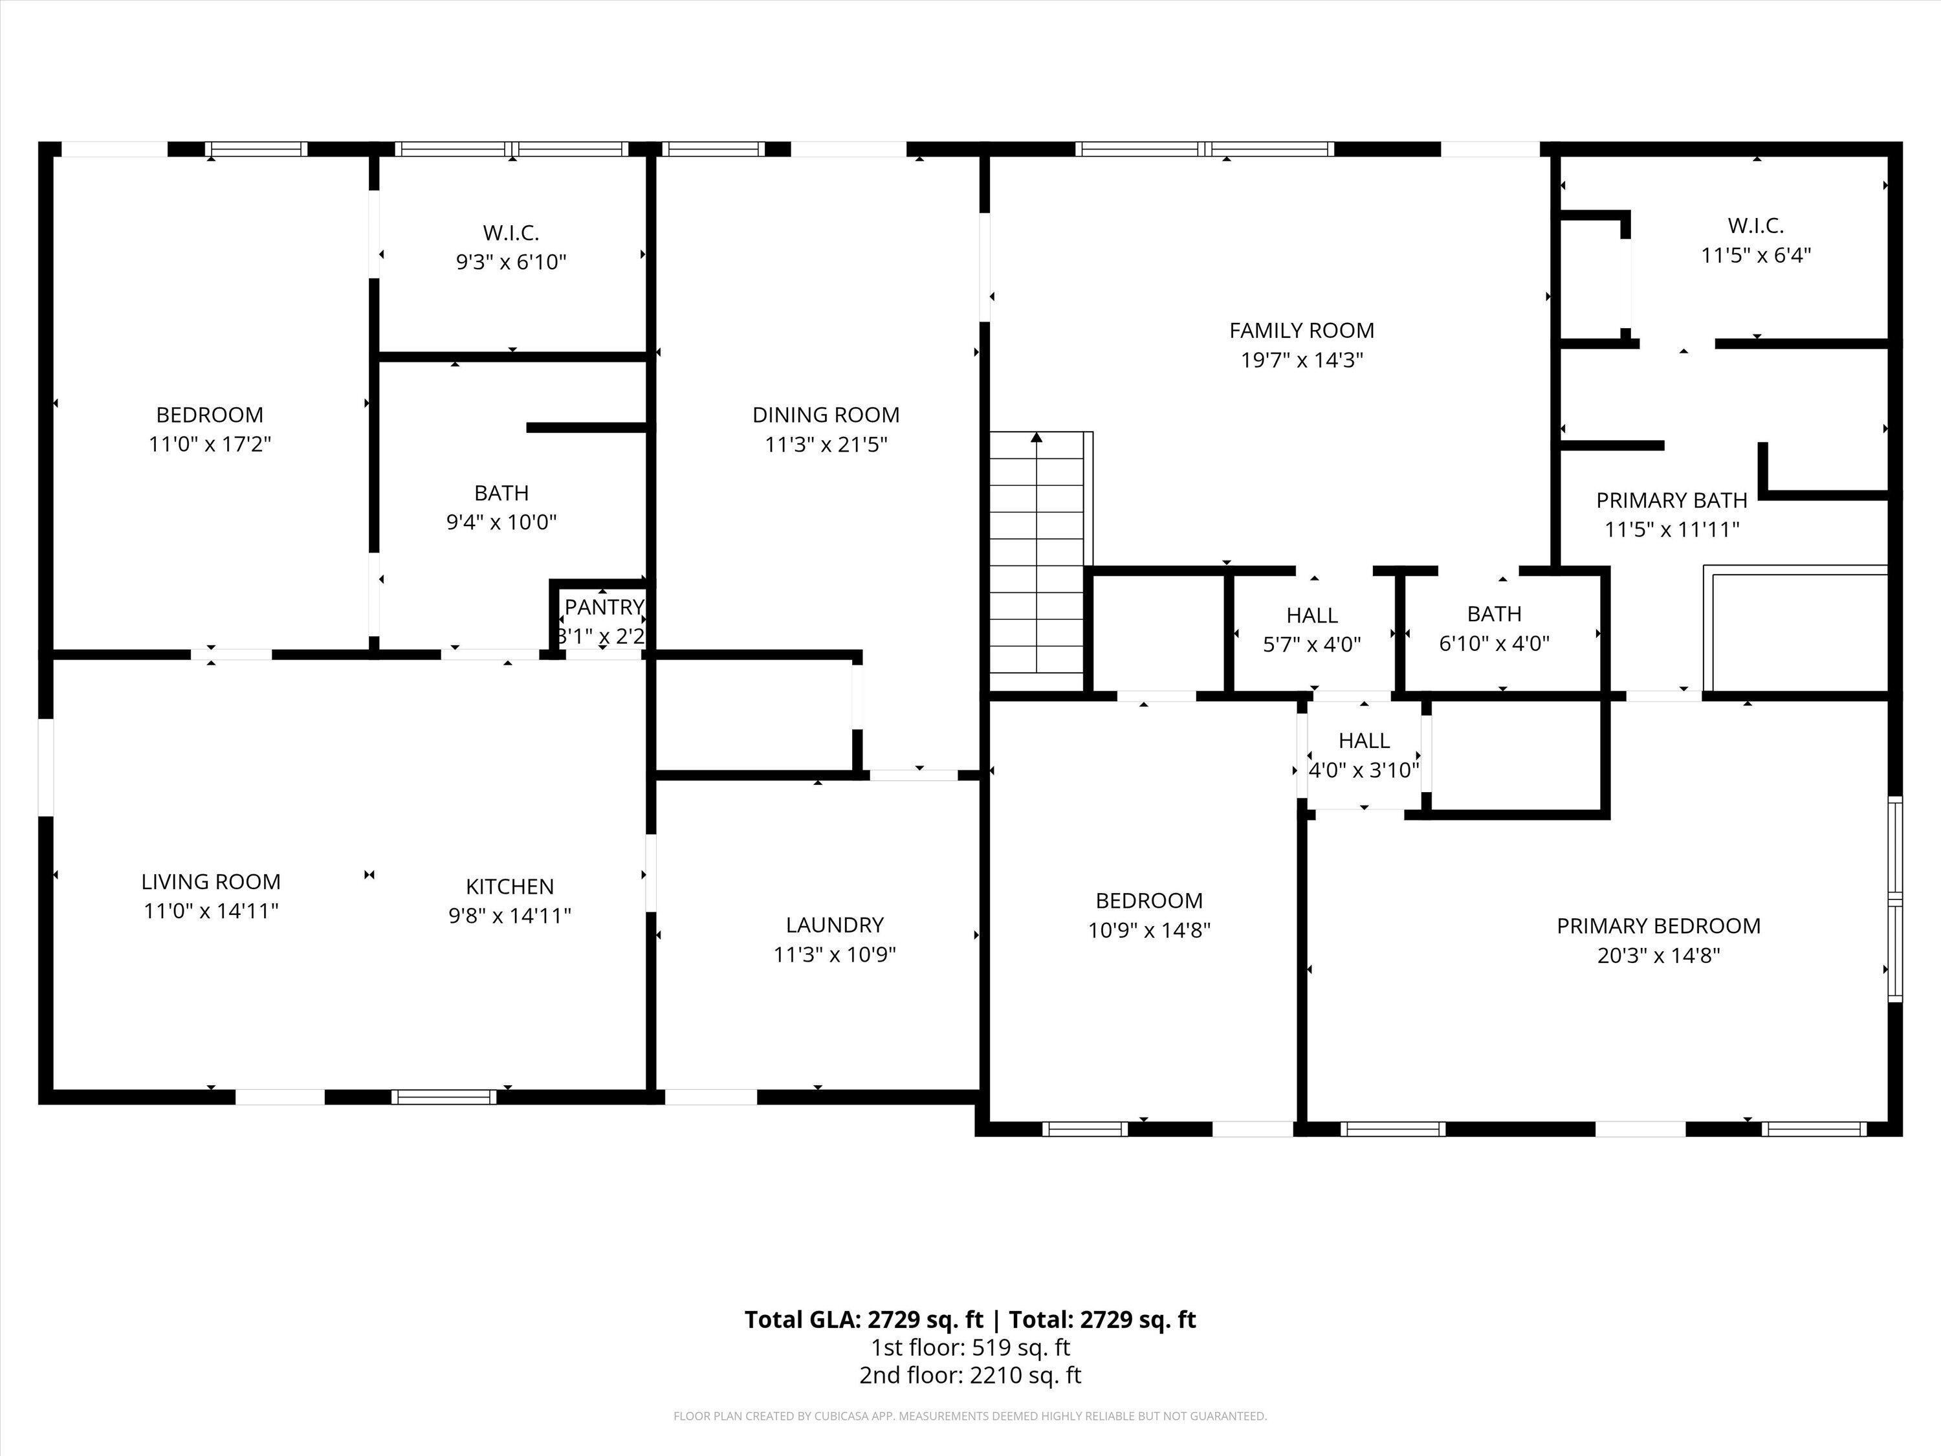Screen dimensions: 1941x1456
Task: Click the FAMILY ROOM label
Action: (x=1301, y=331)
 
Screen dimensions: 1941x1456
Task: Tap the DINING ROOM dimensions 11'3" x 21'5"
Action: (x=826, y=444)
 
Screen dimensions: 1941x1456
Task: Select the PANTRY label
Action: (x=604, y=606)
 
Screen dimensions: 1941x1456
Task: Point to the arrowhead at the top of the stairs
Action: (x=1036, y=436)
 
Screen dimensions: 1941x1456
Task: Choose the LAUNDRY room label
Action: (x=835, y=924)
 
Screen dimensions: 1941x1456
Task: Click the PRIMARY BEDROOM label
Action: (x=1658, y=926)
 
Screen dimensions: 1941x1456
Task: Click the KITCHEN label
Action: (x=510, y=887)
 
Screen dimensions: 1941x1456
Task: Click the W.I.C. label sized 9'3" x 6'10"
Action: (x=510, y=232)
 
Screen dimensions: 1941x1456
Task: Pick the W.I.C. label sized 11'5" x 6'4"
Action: (x=1756, y=226)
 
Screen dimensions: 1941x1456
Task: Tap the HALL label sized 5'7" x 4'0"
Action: (x=1312, y=615)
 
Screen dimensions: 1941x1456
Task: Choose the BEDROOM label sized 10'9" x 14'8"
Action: (x=1148, y=901)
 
